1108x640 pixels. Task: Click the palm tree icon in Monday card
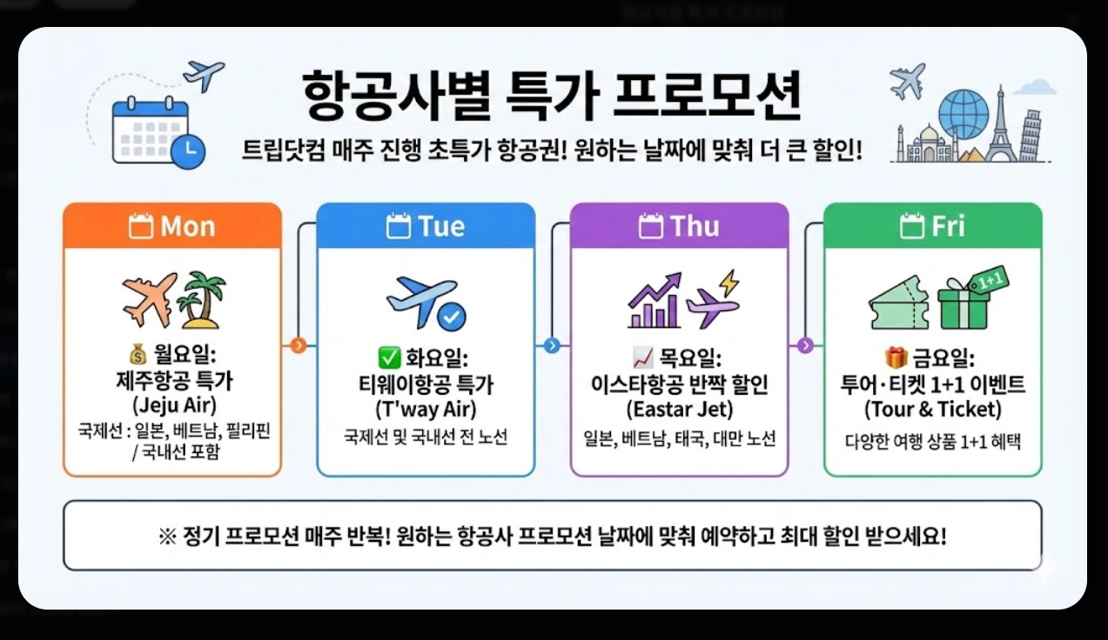point(201,300)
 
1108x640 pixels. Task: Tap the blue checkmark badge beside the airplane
point(451,317)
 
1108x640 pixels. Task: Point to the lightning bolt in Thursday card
point(727,281)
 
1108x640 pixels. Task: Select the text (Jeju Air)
point(172,405)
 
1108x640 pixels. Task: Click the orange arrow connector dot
point(298,345)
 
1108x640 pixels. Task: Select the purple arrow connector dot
point(805,345)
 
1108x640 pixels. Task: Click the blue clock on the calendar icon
point(187,151)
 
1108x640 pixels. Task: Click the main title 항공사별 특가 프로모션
point(552,96)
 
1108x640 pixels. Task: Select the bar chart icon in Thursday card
point(654,303)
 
